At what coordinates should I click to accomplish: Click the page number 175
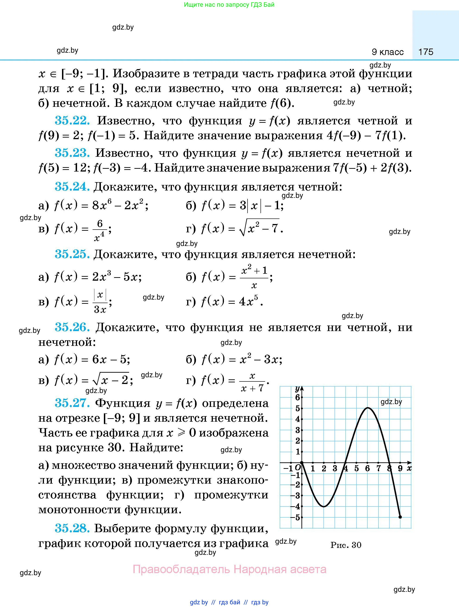(425, 52)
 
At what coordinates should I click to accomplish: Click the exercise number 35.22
(72, 121)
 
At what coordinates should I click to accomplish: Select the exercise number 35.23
(72, 153)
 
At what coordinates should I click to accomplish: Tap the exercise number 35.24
(72, 187)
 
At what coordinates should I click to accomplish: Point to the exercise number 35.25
(72, 254)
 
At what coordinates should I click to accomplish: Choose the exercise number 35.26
(72, 327)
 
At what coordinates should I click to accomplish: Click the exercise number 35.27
(72, 403)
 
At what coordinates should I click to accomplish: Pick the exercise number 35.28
(72, 528)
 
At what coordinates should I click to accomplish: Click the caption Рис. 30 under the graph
(346, 545)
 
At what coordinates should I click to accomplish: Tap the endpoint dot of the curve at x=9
(400, 517)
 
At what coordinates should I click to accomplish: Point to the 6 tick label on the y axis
(297, 397)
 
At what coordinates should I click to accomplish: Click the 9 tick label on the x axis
(400, 468)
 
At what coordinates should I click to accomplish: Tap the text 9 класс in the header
(388, 52)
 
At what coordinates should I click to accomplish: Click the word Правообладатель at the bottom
(181, 569)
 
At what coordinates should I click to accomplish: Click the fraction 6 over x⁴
(99, 230)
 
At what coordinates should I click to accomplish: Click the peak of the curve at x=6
(367, 408)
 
